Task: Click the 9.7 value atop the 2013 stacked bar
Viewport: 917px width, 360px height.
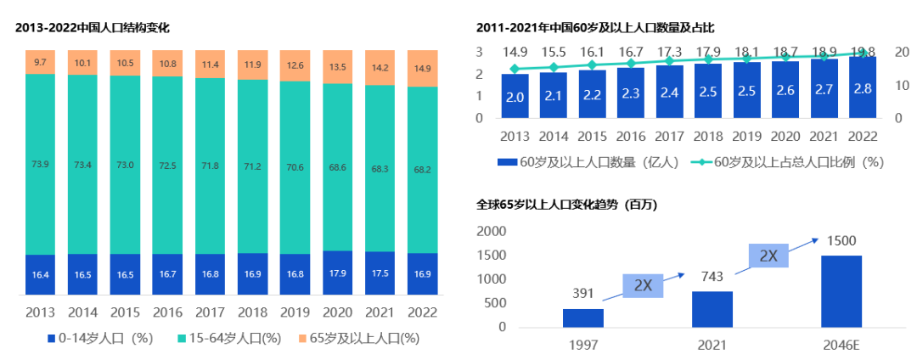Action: (41, 62)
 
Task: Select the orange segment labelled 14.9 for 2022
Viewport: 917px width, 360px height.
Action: (423, 69)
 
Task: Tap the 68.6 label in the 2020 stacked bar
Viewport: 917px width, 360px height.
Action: (338, 168)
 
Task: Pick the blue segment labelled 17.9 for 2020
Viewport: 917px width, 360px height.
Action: (338, 273)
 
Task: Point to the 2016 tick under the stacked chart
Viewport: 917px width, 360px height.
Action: (168, 312)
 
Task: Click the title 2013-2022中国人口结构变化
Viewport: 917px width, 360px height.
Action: (93, 27)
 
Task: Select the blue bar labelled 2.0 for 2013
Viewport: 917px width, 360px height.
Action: (515, 97)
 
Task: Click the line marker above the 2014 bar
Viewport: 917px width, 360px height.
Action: (554, 67)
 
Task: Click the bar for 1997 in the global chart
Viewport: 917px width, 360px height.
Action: (583, 318)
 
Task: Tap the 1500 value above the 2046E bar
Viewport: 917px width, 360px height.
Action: (841, 240)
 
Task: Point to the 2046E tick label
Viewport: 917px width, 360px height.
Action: (841, 346)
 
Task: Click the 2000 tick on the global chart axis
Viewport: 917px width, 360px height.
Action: (490, 232)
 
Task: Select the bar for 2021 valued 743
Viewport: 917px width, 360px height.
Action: (712, 309)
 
